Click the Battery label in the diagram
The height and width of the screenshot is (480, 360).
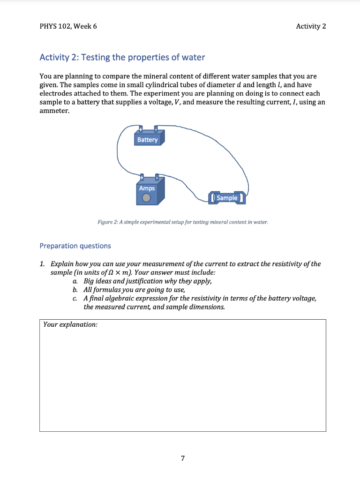(148, 140)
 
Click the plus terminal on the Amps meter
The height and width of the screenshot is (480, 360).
(141, 177)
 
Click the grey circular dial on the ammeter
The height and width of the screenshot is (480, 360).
(147, 198)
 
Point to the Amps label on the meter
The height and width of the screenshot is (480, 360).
(147, 188)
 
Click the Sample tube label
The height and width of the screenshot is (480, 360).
(227, 198)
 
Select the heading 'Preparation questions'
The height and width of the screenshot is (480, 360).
(75, 246)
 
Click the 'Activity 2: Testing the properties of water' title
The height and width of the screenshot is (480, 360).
(122, 58)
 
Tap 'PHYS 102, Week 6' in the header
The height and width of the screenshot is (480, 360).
(68, 26)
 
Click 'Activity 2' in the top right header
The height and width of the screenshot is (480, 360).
(311, 26)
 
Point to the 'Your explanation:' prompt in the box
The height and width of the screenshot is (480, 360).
(70, 324)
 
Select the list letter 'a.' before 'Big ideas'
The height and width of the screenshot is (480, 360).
(75, 281)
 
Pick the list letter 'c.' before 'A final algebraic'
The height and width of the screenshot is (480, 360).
(75, 299)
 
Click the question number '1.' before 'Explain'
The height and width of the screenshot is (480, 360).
(43, 264)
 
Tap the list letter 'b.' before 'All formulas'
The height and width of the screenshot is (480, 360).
(75, 290)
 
